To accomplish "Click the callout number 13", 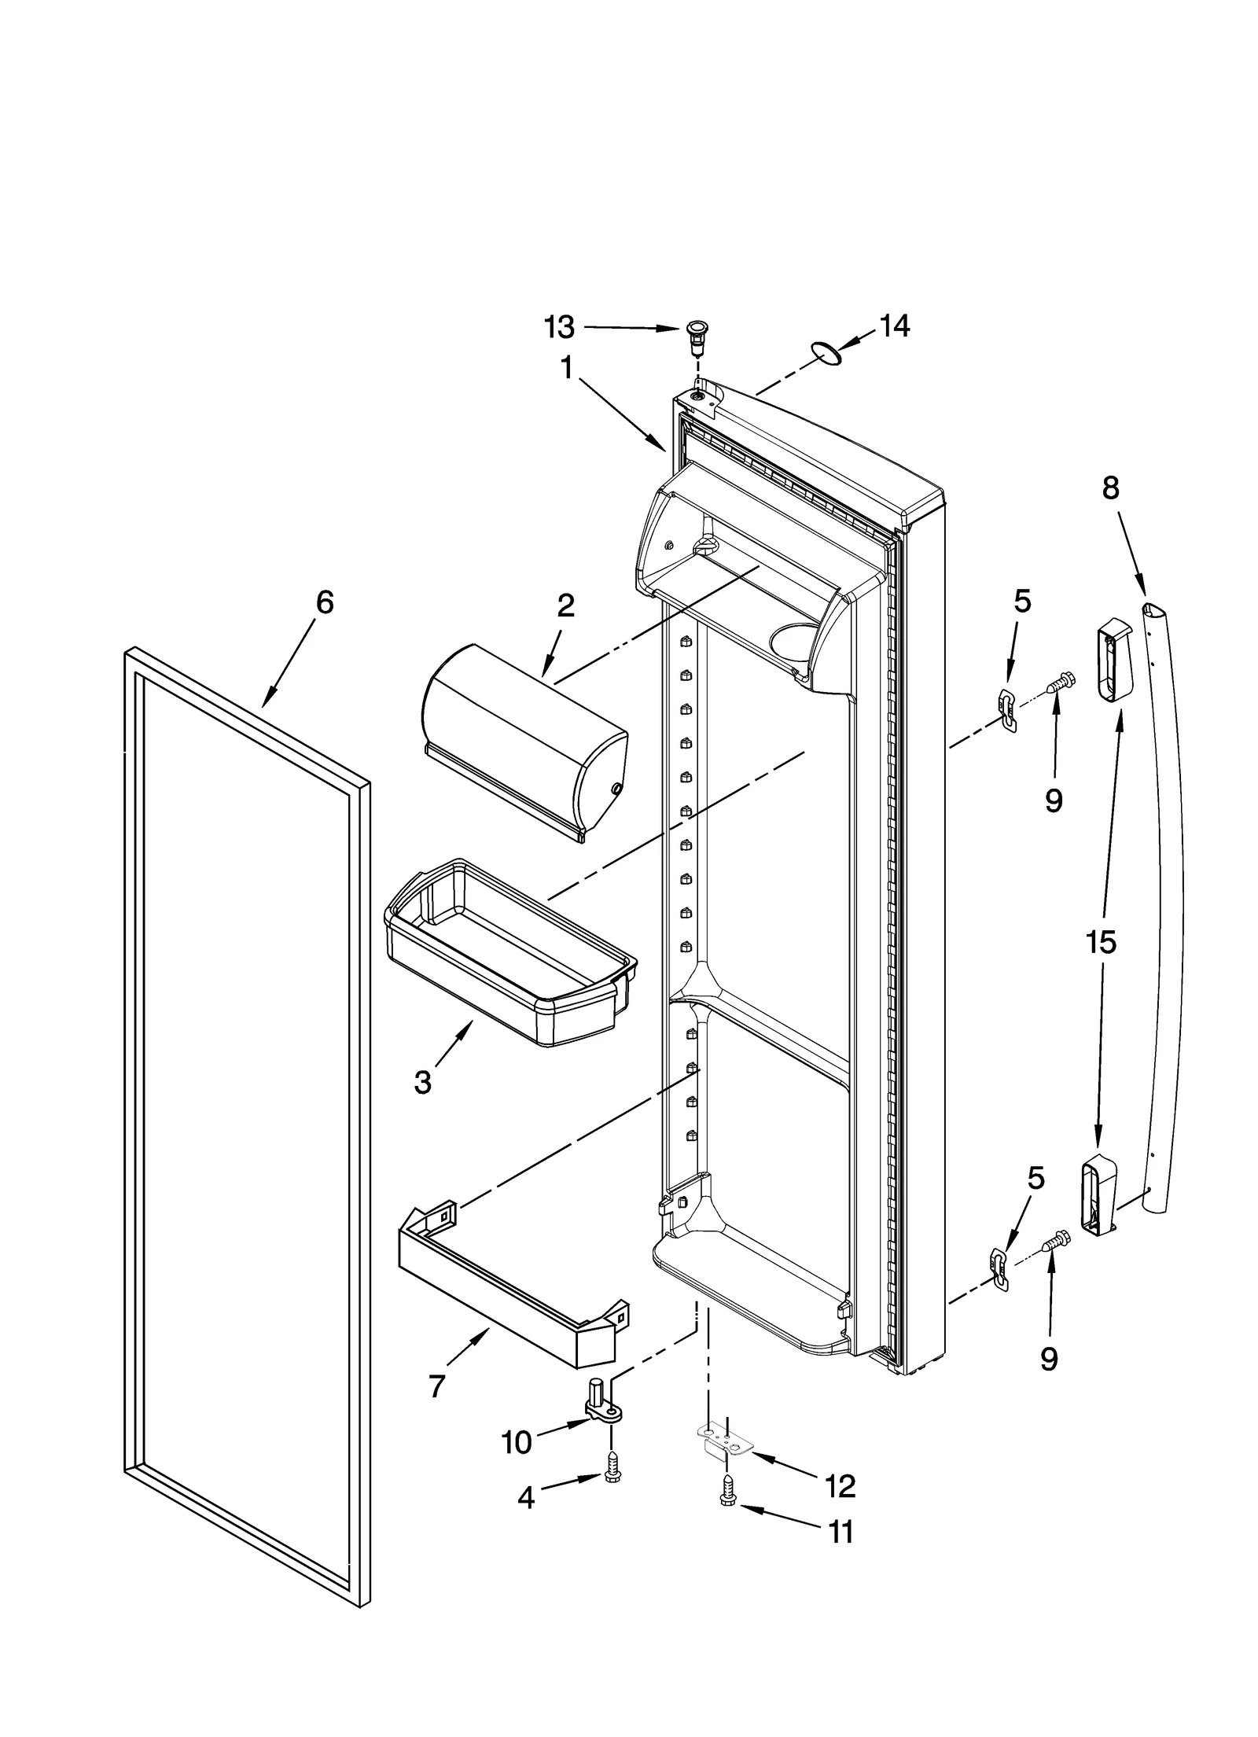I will (x=559, y=327).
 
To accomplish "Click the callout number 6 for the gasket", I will (x=324, y=603).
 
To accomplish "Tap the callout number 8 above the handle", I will (x=1109, y=488).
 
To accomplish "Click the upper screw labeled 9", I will (x=1061, y=683).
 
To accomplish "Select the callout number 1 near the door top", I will (x=566, y=368).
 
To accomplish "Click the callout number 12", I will (x=840, y=1485).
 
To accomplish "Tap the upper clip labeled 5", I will (x=1007, y=709).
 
